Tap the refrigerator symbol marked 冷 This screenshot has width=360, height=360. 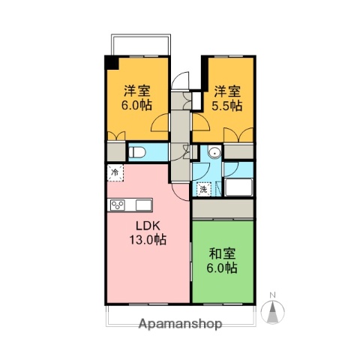pos(115,173)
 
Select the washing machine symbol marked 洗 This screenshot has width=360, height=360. pos(203,189)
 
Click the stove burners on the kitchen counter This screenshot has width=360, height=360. pos(118,204)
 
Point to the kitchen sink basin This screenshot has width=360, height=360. pos(142,204)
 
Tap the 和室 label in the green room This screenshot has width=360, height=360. pos(222,254)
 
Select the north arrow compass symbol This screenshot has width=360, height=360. pos(274,310)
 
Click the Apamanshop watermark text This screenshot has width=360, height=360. pos(180,325)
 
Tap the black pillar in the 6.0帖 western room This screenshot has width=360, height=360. pos(109,62)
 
